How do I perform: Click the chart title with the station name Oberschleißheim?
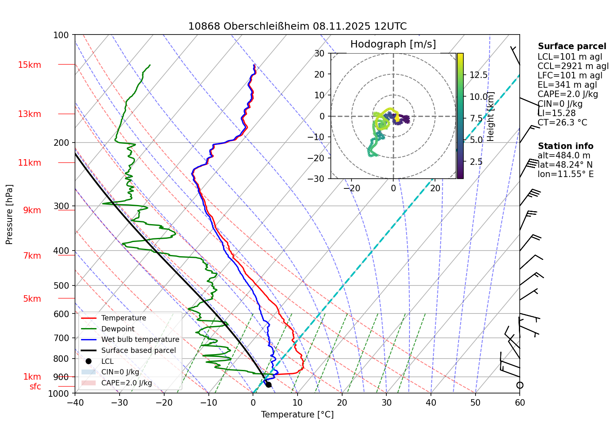pyautogui.click(x=297, y=26)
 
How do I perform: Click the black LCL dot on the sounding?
pyautogui.click(x=268, y=385)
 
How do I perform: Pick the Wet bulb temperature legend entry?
pyautogui.click(x=140, y=339)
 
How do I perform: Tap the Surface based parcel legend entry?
pyautogui.click(x=138, y=350)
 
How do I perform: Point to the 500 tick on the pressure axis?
pyautogui.click(x=62, y=285)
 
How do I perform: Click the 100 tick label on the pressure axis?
pyautogui.click(x=61, y=35)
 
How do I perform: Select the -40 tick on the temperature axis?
pyautogui.click(x=75, y=402)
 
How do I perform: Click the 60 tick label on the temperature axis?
pyautogui.click(x=520, y=402)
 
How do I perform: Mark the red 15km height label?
pyautogui.click(x=29, y=65)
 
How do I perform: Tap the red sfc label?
pyautogui.click(x=35, y=387)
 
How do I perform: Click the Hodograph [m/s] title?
pyautogui.click(x=393, y=44)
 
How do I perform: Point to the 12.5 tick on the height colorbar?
pyautogui.click(x=478, y=75)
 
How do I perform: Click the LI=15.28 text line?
pyautogui.click(x=556, y=113)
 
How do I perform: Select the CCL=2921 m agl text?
pyautogui.click(x=573, y=66)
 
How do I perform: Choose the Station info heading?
pyautogui.click(x=565, y=146)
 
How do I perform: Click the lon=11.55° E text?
pyautogui.click(x=566, y=174)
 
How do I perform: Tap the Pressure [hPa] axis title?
pyautogui.click(x=9, y=214)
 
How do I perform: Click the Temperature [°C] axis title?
pyautogui.click(x=297, y=415)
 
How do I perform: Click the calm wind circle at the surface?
pyautogui.click(x=520, y=385)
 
